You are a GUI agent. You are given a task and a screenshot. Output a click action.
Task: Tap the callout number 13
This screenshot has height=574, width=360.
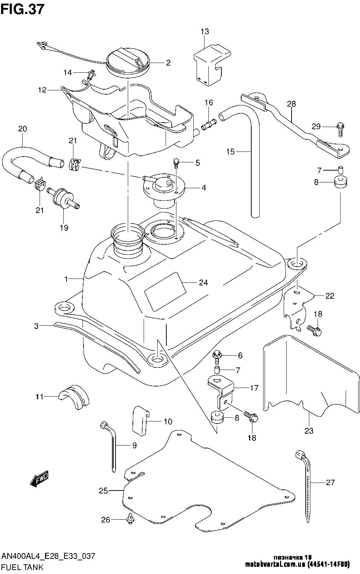tap(204, 32)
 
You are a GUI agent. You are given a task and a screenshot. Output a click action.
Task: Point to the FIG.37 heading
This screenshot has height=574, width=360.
tap(22, 9)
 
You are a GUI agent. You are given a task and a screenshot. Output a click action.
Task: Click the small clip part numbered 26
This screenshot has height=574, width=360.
tap(130, 520)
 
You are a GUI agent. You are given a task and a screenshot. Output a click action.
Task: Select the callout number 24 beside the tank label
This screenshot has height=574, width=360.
tap(203, 283)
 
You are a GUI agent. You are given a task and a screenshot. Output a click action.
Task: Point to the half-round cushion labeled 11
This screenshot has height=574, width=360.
tap(74, 397)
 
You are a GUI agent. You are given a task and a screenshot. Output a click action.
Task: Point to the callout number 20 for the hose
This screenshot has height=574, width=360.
tap(22, 129)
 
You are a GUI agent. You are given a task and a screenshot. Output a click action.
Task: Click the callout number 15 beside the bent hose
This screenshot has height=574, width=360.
tap(230, 152)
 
